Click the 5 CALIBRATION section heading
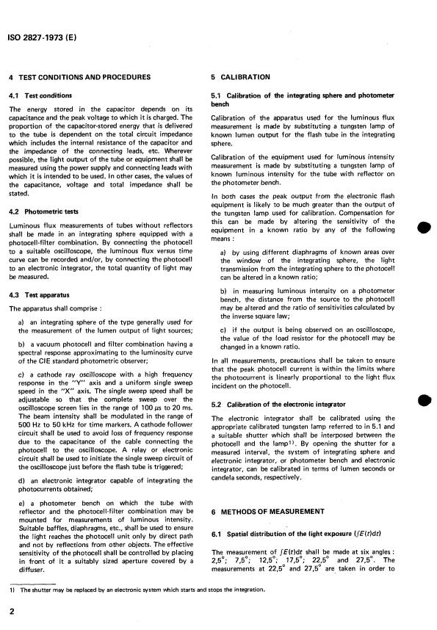240,77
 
